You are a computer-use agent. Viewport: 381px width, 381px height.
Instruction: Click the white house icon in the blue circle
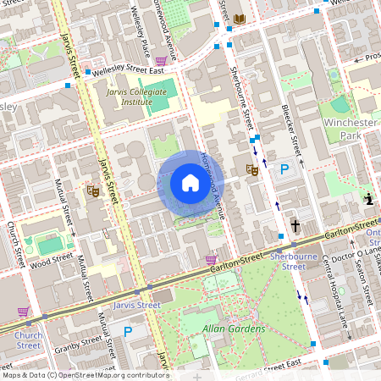190,183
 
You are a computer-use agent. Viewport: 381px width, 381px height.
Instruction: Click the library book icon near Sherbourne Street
240,19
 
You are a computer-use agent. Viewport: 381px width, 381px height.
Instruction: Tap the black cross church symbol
295,225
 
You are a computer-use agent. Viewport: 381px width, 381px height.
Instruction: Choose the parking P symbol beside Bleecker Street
285,170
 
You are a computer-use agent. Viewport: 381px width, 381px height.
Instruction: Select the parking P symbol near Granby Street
128,331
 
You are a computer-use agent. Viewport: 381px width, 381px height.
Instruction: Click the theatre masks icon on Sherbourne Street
251,170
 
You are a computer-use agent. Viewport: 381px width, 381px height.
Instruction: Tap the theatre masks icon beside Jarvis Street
93,191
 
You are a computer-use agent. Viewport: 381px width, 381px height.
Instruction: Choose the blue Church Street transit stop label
27,339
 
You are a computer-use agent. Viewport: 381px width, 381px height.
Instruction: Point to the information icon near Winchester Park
368,200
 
